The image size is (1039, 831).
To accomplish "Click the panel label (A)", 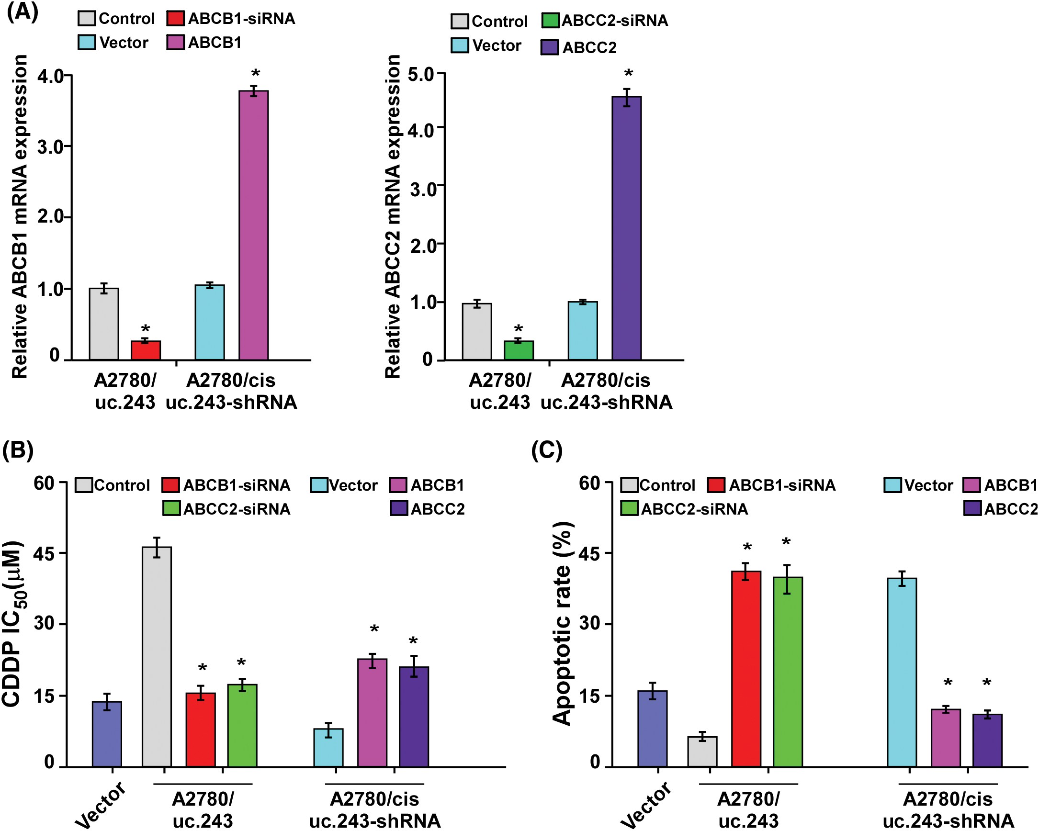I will [x=22, y=11].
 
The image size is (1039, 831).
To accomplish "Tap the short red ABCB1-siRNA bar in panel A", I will [x=146, y=350].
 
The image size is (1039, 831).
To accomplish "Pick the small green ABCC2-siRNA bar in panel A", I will [x=519, y=350].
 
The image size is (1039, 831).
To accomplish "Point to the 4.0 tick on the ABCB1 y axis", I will [x=52, y=76].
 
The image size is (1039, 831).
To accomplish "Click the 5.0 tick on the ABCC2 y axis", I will [x=421, y=74].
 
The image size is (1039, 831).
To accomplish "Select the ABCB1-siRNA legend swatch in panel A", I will [x=175, y=18].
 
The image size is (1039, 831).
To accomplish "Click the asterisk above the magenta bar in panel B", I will [x=374, y=629].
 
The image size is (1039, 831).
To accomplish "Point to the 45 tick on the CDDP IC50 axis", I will [x=45, y=553].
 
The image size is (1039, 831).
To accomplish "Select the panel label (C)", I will [x=546, y=451].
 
